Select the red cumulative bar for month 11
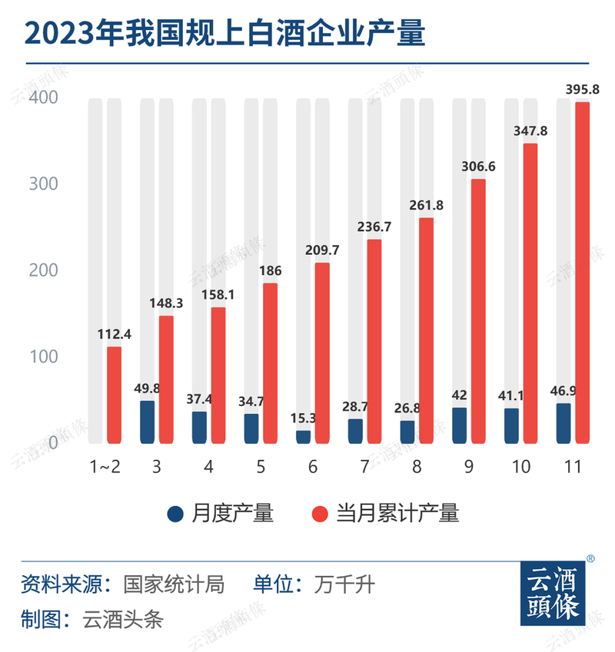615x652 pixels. coord(583,273)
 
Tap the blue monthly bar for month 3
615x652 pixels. coord(147,422)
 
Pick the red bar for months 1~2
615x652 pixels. coord(114,396)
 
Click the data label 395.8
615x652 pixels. coord(583,89)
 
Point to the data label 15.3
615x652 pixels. coord(303,418)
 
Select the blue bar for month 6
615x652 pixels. coord(303,437)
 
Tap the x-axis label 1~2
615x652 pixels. coord(105,467)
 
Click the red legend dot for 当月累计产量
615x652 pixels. coord(321,514)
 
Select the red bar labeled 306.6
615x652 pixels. coord(478,311)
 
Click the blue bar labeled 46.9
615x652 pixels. coord(563,424)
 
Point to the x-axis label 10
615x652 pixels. coord(520,467)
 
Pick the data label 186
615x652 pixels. coord(270,270)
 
